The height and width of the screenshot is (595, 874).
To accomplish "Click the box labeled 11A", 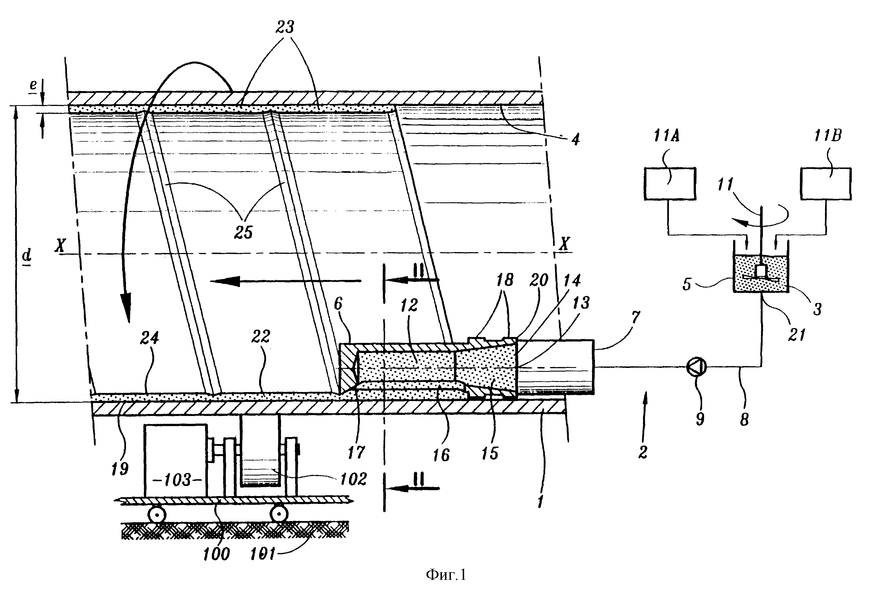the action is [x=670, y=184].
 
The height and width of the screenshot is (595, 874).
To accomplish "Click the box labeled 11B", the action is [x=826, y=184].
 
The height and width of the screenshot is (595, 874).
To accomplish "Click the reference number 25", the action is [x=243, y=232].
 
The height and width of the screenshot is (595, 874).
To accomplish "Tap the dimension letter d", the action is [x=27, y=255].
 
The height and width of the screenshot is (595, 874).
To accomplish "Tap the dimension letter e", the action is [x=33, y=85].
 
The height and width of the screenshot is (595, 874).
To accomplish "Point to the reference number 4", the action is [x=575, y=139].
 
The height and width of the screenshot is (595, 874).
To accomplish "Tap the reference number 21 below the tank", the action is [x=797, y=334].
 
